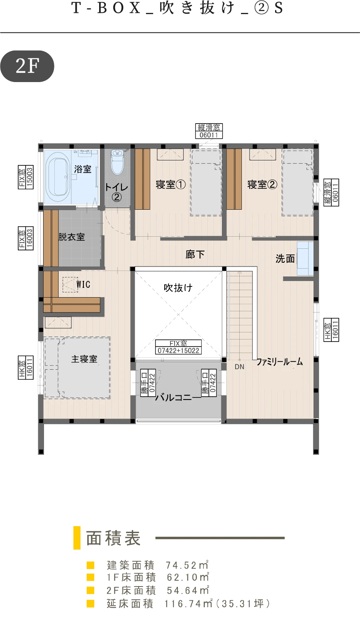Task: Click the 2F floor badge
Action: (27, 66)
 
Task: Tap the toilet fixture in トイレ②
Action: (117, 162)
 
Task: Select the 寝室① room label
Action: (170, 184)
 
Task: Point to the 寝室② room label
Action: (262, 184)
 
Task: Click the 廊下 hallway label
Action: (195, 254)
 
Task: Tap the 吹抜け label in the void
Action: (178, 288)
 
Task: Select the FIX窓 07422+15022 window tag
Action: (178, 347)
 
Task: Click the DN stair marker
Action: (239, 367)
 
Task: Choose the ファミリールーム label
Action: (280, 362)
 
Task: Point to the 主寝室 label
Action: (84, 359)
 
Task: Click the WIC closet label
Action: (83, 284)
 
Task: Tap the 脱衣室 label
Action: (71, 237)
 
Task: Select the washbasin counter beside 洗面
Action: (305, 259)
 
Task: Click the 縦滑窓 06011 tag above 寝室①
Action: (209, 131)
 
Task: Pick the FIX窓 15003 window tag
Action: (26, 177)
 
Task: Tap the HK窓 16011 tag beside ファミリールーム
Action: (331, 330)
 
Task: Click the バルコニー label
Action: (178, 397)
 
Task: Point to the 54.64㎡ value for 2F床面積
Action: (188, 590)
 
